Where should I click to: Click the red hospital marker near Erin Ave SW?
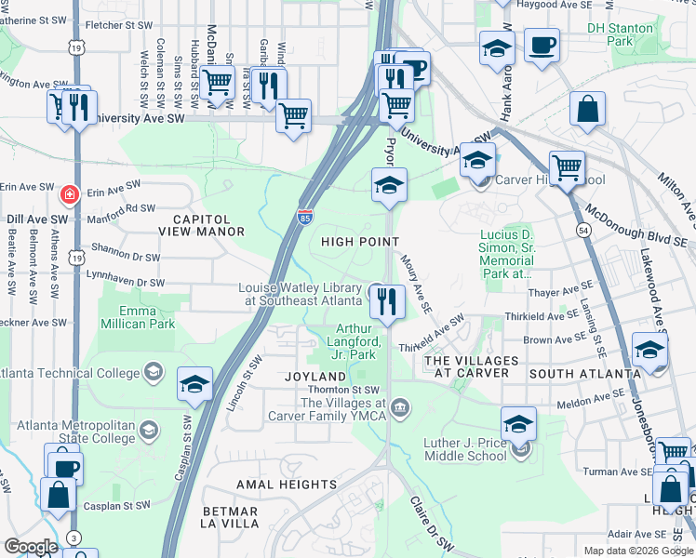tap(68, 194)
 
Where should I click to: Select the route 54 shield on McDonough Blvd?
tap(583, 229)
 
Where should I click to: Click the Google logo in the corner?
tap(31, 547)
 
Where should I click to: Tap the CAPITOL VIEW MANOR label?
tap(201, 224)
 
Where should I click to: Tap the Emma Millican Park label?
tap(137, 317)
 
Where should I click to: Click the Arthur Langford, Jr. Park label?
tap(355, 341)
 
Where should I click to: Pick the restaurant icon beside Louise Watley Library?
tap(385, 301)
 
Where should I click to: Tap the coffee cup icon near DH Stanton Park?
tap(542, 44)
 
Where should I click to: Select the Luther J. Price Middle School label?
tap(464, 448)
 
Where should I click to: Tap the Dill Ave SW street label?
tap(26, 219)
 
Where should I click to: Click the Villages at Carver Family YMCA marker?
tap(401, 406)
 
